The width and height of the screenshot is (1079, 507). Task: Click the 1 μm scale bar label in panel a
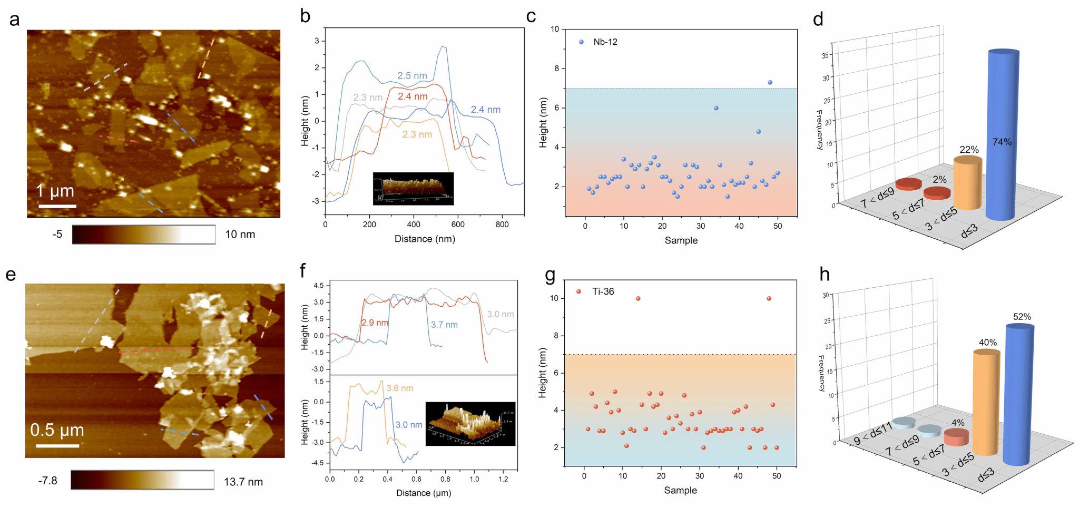pos(55,191)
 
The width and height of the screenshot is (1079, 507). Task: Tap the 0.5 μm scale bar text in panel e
pos(57,430)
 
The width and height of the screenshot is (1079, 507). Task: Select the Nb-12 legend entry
pos(605,42)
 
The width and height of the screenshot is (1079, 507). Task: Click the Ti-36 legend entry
pos(603,291)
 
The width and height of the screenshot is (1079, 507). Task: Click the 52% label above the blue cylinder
pos(1022,317)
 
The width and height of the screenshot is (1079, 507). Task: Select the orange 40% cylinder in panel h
pos(986,401)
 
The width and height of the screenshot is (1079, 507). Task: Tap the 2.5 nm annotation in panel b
pos(412,76)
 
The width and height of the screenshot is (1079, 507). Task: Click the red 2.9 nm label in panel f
pos(375,323)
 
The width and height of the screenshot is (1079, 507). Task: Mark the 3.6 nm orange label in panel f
pos(399,388)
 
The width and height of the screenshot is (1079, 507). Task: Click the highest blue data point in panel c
pos(770,83)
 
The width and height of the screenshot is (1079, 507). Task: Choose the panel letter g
pos(550,275)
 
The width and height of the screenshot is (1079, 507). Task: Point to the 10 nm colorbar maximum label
pos(240,235)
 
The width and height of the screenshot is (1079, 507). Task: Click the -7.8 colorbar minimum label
pos(47,481)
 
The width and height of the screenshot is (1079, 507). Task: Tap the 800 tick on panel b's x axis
pos(502,225)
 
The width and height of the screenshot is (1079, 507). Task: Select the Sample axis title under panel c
pos(681,240)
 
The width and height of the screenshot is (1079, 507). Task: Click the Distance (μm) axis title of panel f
pos(424,493)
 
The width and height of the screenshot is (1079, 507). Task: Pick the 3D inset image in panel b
pos(413,188)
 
